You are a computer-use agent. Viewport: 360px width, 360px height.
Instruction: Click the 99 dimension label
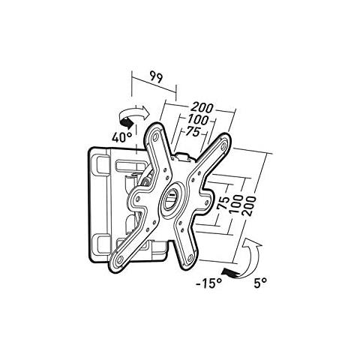point(156,77)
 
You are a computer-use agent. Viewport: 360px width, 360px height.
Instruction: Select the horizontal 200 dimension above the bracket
point(202,108)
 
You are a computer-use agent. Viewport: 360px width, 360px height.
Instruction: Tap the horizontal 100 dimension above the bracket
point(198,119)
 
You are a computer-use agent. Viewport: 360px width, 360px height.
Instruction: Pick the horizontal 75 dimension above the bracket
point(192,131)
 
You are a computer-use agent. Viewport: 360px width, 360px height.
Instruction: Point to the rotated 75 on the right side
point(223,203)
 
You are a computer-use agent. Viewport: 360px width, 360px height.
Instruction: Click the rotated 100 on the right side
point(235,204)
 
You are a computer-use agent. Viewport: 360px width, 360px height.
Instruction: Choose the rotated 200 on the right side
point(249,206)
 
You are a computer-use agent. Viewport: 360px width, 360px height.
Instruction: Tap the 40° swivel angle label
point(121,137)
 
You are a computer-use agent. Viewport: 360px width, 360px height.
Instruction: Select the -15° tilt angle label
point(208,283)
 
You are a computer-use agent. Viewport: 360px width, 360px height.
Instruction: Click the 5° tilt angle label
point(260,283)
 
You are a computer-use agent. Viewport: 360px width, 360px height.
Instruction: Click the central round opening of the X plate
point(172,197)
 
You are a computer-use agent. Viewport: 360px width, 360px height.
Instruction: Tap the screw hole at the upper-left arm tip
point(155,136)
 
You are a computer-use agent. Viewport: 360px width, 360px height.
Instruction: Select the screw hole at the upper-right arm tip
point(223,145)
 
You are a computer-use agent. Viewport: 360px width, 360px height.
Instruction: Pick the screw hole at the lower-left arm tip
point(119,259)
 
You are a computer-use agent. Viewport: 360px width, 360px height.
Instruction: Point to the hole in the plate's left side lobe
point(137,198)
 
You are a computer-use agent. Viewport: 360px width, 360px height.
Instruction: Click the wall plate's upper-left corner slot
point(100,164)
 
